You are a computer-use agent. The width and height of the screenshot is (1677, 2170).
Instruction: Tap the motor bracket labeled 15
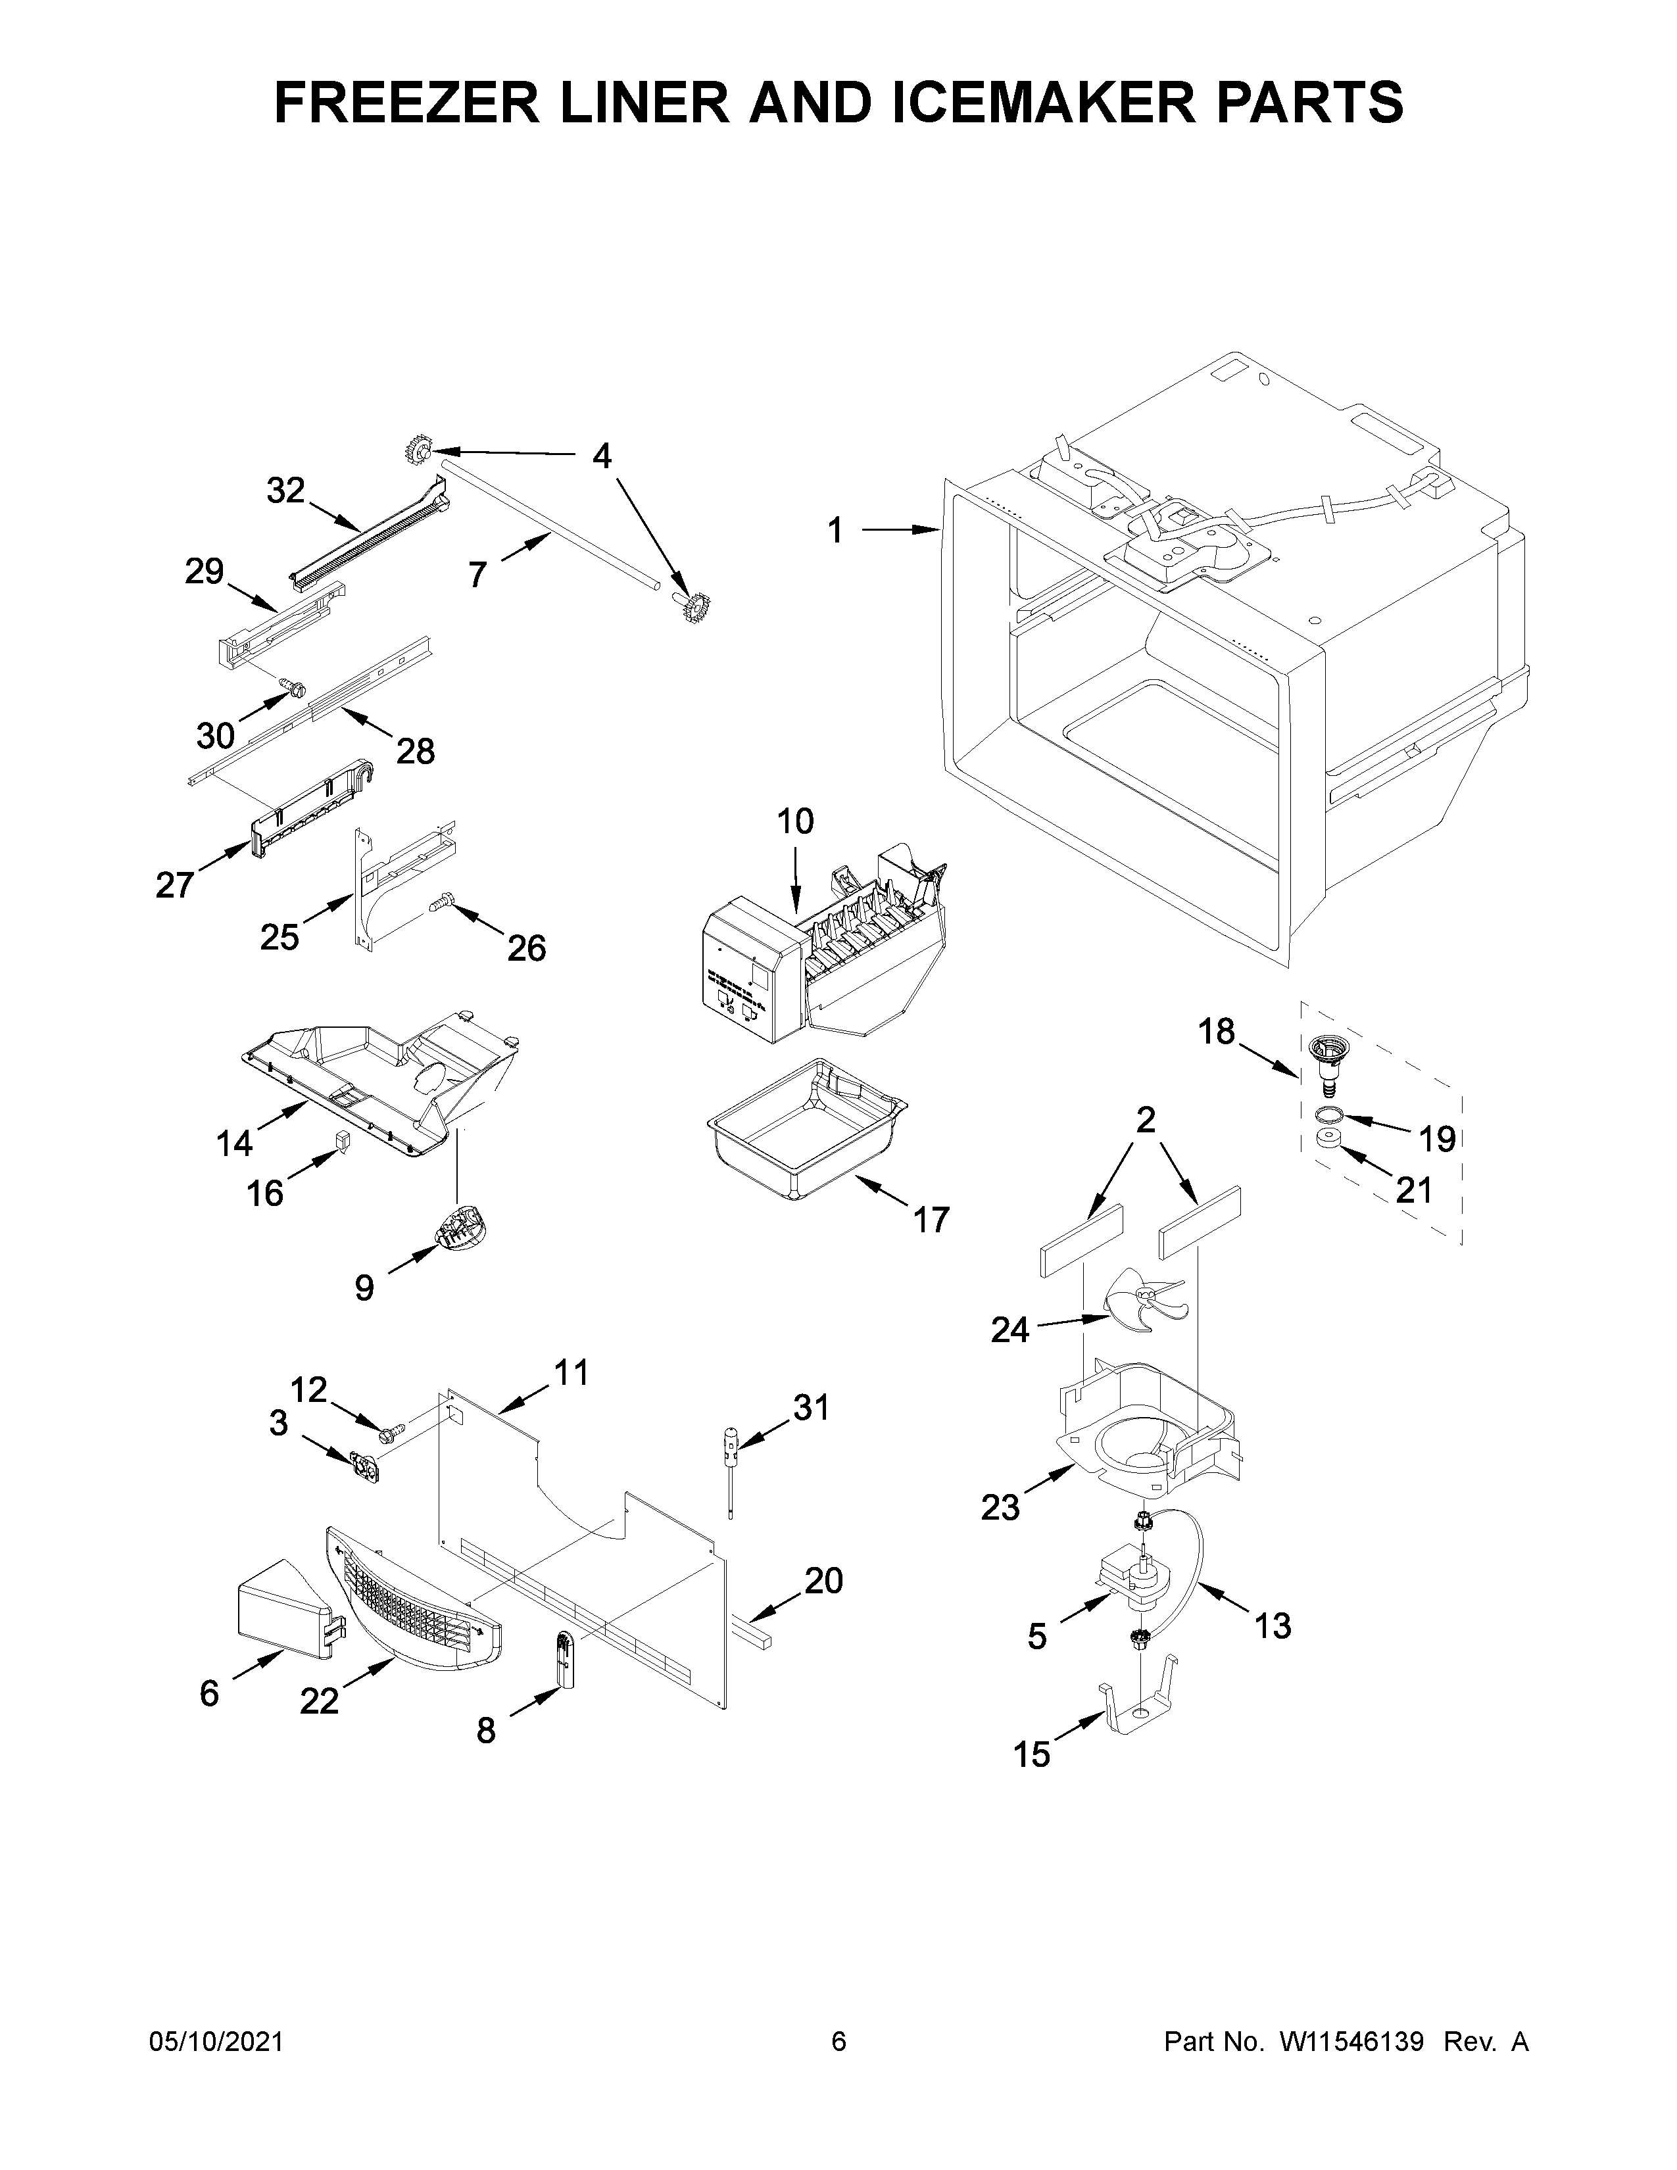click(x=1138, y=1707)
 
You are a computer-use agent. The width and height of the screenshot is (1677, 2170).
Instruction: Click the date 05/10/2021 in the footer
click(x=216, y=2042)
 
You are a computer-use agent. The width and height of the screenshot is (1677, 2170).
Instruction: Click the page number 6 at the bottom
click(x=838, y=2042)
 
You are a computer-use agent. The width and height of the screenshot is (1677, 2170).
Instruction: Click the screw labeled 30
click(x=291, y=687)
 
